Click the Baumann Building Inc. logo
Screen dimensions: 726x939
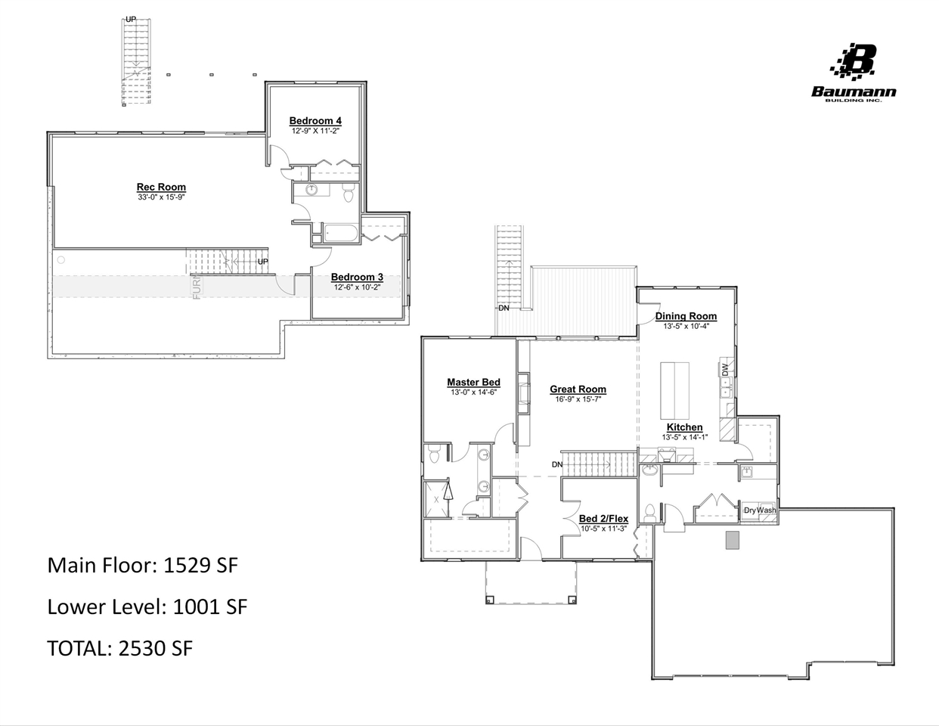tap(854, 73)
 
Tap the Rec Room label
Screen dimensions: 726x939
tap(161, 187)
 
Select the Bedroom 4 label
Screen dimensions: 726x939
tap(315, 121)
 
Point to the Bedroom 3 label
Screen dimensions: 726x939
tap(357, 277)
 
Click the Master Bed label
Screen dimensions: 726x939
tap(473, 383)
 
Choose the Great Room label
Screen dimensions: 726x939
tap(578, 389)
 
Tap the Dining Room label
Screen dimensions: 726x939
tap(686, 316)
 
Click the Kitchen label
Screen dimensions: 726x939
tap(684, 427)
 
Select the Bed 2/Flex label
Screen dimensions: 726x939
tap(603, 519)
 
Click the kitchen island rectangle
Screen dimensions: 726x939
tap(675, 390)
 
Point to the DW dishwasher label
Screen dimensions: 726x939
tap(725, 370)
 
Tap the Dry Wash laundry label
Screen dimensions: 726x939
tap(759, 510)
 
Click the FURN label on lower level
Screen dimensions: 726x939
tap(197, 287)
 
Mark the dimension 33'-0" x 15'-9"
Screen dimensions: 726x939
tap(161, 197)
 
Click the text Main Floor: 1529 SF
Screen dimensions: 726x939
tap(143, 565)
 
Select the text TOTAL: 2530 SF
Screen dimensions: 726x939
tap(119, 648)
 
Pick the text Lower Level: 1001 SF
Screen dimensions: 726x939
tap(147, 607)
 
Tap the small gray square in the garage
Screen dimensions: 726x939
tap(732, 540)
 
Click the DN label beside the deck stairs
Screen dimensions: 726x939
tap(504, 308)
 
